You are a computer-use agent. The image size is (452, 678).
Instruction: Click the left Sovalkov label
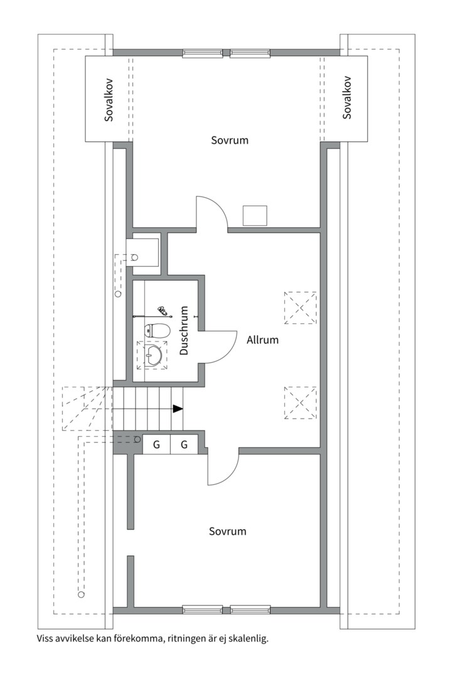point(109,99)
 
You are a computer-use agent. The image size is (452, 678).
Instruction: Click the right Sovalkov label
point(347,98)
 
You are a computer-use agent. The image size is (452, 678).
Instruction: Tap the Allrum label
point(262,340)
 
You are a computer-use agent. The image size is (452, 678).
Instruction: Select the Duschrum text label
point(185,331)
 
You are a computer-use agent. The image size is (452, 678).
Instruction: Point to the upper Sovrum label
point(230,140)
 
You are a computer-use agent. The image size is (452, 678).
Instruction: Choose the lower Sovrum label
point(227,531)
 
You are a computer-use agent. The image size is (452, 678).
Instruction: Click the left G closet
point(156,444)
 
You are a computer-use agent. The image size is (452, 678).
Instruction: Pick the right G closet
point(185,444)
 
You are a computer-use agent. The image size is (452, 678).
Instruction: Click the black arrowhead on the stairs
point(178,408)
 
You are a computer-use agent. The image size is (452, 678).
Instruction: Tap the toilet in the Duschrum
point(157,331)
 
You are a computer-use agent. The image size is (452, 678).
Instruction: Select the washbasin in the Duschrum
point(153,355)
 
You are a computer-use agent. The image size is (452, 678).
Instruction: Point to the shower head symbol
point(163,310)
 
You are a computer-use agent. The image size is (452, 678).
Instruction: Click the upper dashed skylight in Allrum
point(300,308)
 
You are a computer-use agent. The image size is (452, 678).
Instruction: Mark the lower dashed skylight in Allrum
point(300,403)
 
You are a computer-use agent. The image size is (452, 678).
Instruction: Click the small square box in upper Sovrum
point(255,216)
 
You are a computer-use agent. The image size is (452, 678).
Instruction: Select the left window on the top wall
point(202,53)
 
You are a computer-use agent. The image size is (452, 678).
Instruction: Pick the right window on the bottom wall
point(250,610)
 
